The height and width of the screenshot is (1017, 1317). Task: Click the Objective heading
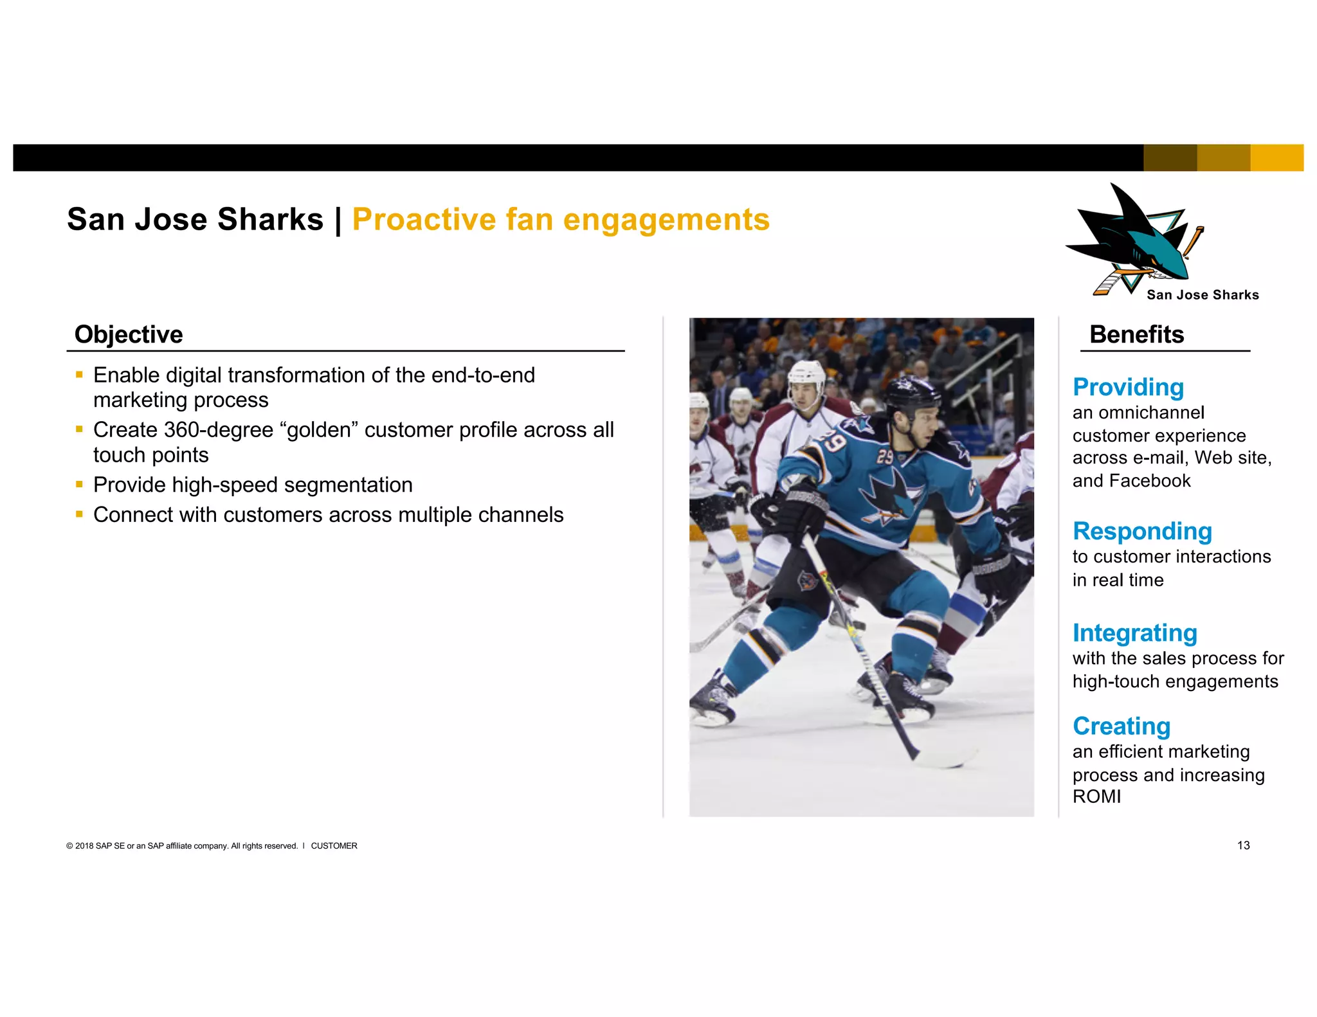tap(129, 335)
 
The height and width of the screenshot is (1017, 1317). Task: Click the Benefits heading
tap(1136, 335)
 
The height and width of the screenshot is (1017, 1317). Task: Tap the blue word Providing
tap(1128, 388)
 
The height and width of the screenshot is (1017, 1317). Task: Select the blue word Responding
tap(1142, 532)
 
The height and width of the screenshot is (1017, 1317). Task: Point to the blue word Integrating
tap(1134, 633)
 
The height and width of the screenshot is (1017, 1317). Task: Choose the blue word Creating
tap(1121, 726)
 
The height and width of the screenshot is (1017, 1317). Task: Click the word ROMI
tap(1096, 797)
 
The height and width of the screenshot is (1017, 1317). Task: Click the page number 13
tap(1243, 845)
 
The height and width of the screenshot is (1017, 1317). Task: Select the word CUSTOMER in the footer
tap(334, 846)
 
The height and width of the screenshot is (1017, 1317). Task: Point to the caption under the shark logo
tap(1202, 295)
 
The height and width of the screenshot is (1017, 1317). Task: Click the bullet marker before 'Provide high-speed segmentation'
tap(79, 484)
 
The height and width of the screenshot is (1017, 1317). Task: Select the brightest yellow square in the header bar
tap(1276, 157)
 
